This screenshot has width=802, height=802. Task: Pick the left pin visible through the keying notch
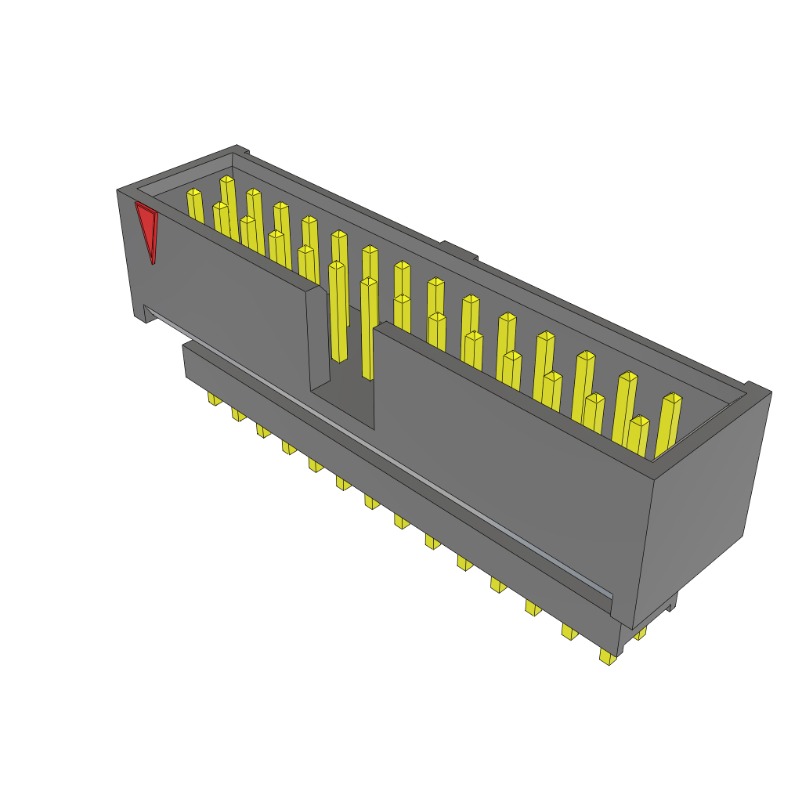pos(338,313)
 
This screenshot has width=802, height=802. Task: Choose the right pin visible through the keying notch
pos(368,329)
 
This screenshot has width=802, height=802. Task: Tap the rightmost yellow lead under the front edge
pos(608,656)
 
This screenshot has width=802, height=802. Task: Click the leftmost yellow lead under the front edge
pos(214,399)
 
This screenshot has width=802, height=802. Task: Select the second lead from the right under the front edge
pos(569,631)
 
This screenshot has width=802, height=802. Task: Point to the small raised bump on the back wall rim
pos(458,250)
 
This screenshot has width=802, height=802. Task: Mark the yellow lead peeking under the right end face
pos(641,632)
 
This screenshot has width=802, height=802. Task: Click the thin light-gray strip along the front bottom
pos(376,454)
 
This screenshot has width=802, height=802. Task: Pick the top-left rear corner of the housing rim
pos(237,148)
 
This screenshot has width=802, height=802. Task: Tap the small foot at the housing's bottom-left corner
pos(143,315)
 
